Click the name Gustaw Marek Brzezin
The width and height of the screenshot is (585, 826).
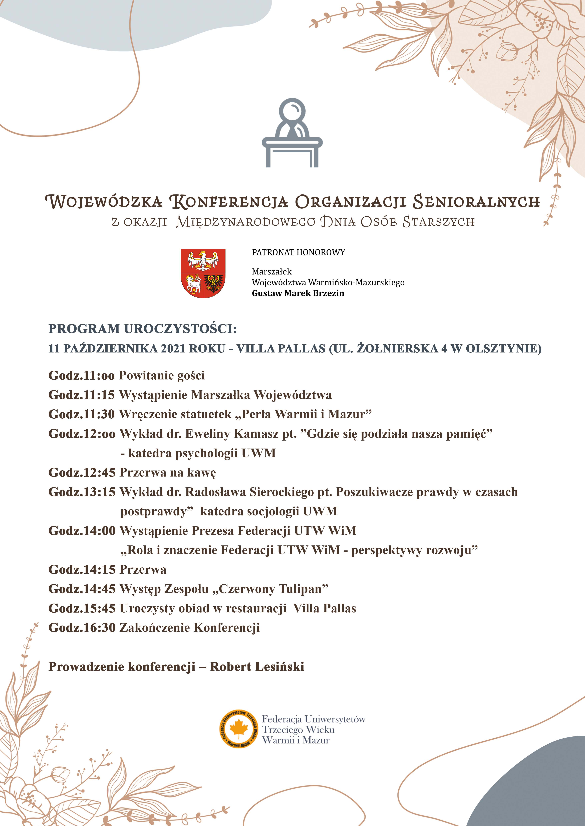click(x=298, y=293)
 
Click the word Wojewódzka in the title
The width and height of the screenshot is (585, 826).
click(x=104, y=201)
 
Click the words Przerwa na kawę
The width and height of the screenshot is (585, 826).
click(x=167, y=472)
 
